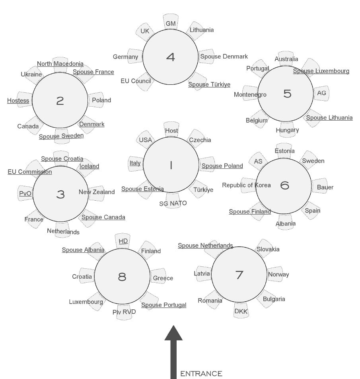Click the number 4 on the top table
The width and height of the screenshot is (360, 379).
(x=170, y=57)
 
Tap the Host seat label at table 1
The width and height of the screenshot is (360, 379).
(x=171, y=131)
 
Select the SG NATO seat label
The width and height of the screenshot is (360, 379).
(x=173, y=203)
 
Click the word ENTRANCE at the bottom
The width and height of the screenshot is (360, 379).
(x=201, y=373)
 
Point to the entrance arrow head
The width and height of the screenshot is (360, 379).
(x=173, y=334)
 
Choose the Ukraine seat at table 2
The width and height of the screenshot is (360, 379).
(x=31, y=74)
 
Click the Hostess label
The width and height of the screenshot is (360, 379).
(x=18, y=101)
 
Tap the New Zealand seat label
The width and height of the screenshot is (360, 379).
(x=97, y=192)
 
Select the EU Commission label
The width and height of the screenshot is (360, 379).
(x=30, y=172)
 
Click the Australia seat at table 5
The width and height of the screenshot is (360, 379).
(x=286, y=59)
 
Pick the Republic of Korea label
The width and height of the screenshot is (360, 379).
(x=246, y=185)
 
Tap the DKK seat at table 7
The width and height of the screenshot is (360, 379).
(x=241, y=311)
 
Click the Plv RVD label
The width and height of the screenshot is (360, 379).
(x=124, y=312)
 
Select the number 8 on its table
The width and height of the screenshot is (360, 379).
(x=122, y=277)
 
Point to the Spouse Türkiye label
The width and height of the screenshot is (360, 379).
(x=209, y=84)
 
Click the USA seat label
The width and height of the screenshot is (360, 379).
(x=145, y=140)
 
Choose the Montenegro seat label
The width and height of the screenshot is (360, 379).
(x=250, y=94)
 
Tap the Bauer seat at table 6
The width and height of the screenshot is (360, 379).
(x=325, y=187)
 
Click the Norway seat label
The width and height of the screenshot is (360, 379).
(x=278, y=274)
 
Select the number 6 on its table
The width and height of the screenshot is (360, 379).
(x=284, y=185)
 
